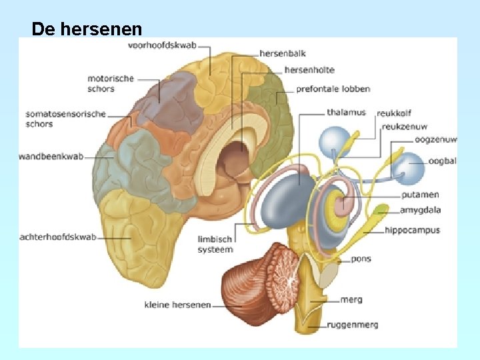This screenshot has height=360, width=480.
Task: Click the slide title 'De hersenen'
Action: (87, 29)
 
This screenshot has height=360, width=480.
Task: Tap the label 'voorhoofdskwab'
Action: (162, 46)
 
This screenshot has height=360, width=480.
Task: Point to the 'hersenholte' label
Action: (309, 70)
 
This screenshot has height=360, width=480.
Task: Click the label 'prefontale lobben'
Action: (333, 89)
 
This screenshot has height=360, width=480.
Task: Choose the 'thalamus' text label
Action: (346, 113)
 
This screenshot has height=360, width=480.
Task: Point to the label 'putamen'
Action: (420, 195)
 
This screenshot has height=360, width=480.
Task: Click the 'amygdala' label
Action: (420, 210)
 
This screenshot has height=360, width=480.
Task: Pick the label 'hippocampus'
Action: (412, 231)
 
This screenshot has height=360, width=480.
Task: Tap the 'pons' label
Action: (361, 259)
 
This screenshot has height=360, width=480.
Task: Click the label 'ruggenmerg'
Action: (353, 325)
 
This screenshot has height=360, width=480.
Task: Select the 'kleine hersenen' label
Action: (177, 305)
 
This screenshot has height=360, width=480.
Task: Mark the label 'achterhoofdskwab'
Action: (59, 237)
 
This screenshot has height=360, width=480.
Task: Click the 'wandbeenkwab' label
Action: (52, 157)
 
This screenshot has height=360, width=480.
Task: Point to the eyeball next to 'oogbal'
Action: (407, 168)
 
